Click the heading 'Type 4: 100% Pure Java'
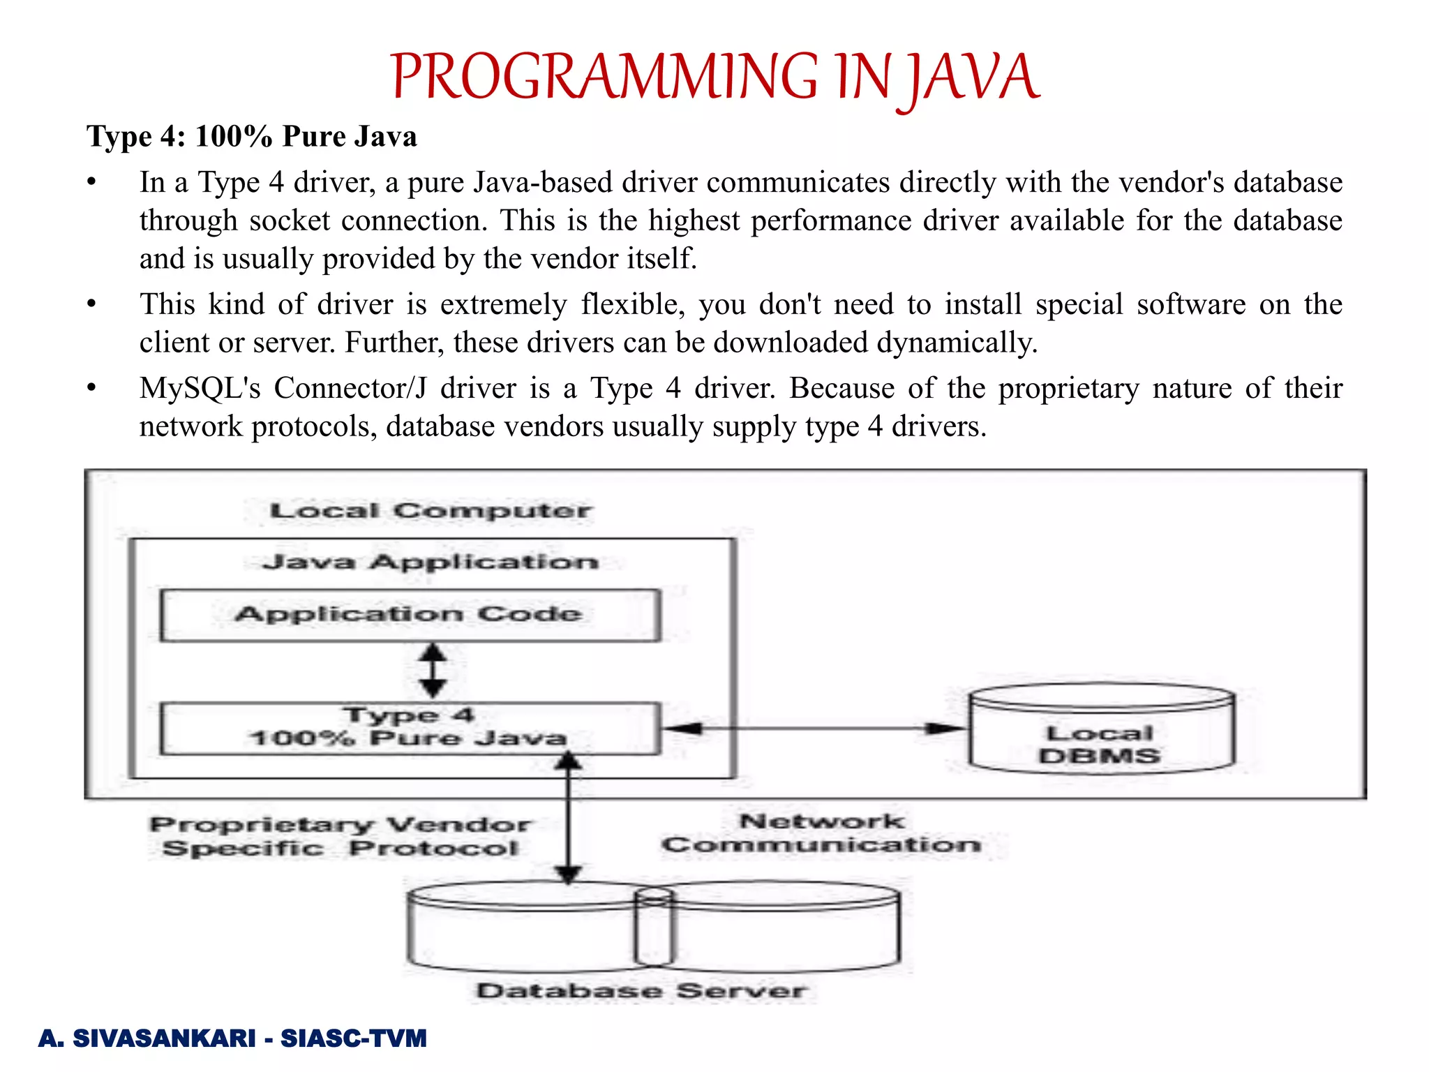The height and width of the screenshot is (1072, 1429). coord(251,136)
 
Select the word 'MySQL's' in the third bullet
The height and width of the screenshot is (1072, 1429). coord(200,388)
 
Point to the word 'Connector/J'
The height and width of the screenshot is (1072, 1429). coord(350,388)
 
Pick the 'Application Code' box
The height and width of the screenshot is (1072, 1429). coord(410,615)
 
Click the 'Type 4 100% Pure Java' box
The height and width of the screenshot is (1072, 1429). coord(410,728)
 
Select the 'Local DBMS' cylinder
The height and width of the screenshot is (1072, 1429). coord(1100,730)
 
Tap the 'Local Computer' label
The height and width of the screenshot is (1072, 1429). coord(431,511)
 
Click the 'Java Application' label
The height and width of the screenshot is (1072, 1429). coord(431,562)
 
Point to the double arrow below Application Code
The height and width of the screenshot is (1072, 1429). coord(433,671)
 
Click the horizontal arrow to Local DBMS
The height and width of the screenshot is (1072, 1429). coord(814,729)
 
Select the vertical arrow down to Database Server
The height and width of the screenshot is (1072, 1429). coord(568,817)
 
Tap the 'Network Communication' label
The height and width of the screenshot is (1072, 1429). coord(821,833)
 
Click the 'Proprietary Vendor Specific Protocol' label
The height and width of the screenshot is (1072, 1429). coord(341,836)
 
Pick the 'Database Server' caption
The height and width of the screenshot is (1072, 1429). coord(641,991)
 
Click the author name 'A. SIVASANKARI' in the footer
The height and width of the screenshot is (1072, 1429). coord(147,1038)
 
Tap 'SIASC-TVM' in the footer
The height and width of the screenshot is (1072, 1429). coord(353,1038)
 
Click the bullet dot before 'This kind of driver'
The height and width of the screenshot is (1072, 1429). coord(91,305)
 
